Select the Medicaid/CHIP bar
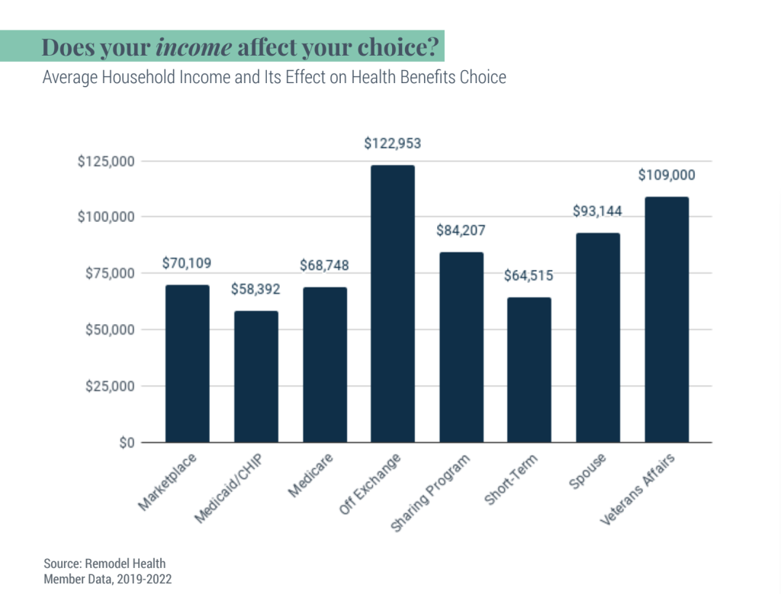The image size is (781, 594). click(x=256, y=377)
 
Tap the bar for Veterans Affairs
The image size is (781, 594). click(x=667, y=319)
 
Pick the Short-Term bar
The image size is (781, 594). click(x=529, y=370)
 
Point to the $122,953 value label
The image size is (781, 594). click(x=393, y=143)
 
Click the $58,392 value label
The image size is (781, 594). click(x=256, y=290)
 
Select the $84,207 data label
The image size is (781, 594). click(x=461, y=230)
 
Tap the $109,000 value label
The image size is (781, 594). click(x=667, y=175)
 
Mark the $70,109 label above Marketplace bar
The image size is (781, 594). click(x=187, y=263)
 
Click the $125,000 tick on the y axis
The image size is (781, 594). click(x=106, y=161)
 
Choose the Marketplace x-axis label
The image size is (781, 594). click(x=169, y=482)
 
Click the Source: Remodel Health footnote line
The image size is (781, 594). click(x=104, y=563)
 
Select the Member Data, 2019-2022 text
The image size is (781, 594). click(x=108, y=580)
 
